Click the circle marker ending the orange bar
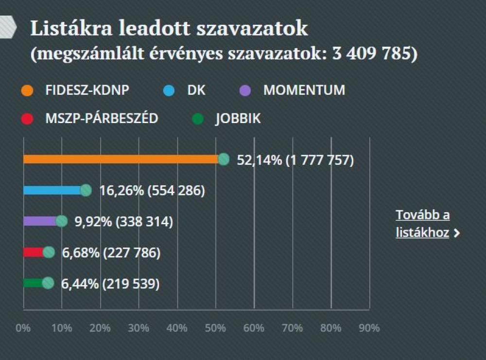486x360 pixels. coord(224,159)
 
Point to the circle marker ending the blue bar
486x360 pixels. coord(86,190)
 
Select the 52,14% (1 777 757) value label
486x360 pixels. coord(295,160)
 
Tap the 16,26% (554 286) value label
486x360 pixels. coord(152,191)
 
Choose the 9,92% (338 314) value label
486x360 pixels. coord(123,222)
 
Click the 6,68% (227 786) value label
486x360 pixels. coord(111,252)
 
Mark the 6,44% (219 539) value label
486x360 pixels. coord(110,284)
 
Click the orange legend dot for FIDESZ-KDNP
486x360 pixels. coord(28,91)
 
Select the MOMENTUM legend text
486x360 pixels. coord(304,90)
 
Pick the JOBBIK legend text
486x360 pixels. coord(238,119)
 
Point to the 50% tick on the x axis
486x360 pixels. coord(215,328)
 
